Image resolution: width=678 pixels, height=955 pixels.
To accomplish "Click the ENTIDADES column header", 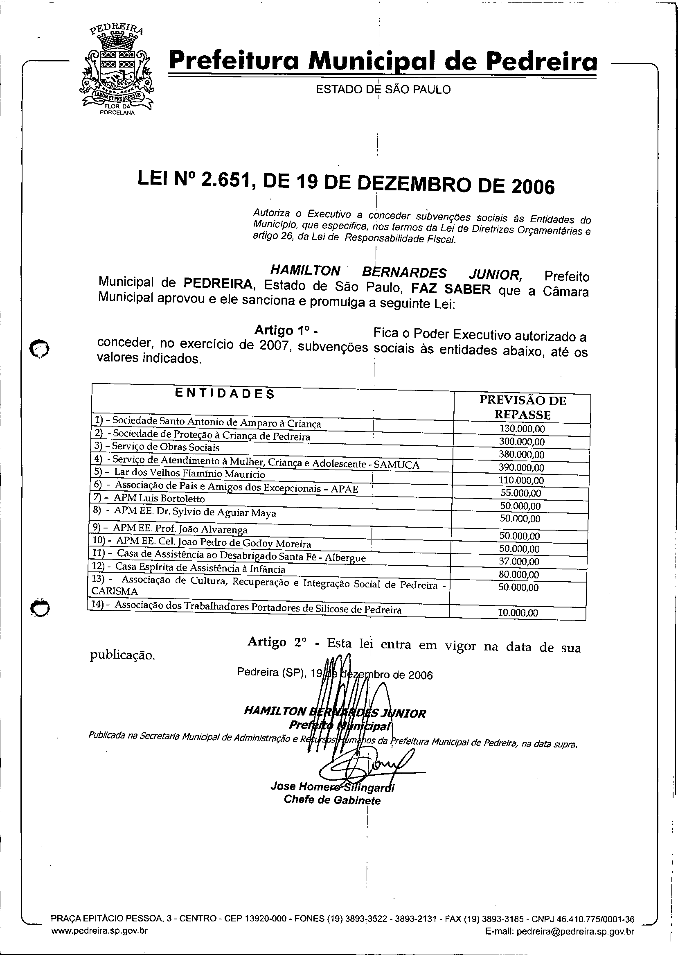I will pos(225,393).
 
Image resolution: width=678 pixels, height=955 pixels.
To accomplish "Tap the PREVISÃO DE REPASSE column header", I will pos(522,407).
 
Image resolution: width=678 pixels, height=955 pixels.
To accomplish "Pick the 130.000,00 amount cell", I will pos(522,429).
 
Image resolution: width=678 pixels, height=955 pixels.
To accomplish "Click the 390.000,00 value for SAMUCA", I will pos(521,468).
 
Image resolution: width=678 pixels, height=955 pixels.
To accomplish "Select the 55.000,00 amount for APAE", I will pos(520,493).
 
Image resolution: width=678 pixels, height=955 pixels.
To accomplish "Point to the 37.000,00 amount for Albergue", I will pos(519,562).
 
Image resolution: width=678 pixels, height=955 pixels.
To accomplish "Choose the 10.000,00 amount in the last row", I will pos(518,613).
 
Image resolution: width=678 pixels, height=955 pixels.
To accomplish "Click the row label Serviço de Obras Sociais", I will pos(166,447).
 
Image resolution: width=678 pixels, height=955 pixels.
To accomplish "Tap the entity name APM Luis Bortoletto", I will pos(159,499).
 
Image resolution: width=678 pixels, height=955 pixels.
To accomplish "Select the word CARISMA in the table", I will pos(114,591).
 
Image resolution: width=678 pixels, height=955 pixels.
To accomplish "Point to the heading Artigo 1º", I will pos(286,330).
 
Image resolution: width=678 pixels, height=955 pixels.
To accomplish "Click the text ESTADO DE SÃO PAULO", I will pos(383,89).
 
